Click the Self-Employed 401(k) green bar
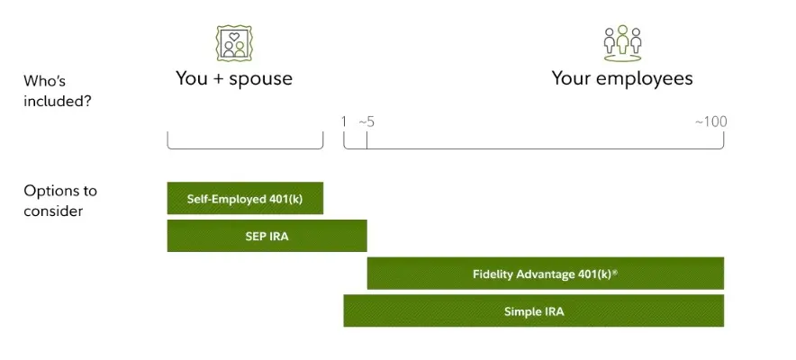pyautogui.click(x=245, y=198)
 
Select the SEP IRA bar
pyautogui.click(x=267, y=236)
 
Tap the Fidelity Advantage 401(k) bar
pyautogui.click(x=545, y=274)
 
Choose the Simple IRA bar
pyautogui.click(x=534, y=310)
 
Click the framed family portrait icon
pyautogui.click(x=234, y=43)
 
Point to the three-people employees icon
pyautogui.click(x=622, y=43)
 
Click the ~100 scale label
pyautogui.click(x=710, y=121)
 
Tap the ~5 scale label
pyautogui.click(x=366, y=121)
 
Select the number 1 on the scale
pyautogui.click(x=344, y=121)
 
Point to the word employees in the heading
pyautogui.click(x=643, y=79)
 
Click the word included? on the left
pyautogui.click(x=58, y=101)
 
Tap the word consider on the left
pyautogui.click(x=53, y=211)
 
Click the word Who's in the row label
pyautogui.click(x=45, y=81)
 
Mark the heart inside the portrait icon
pyautogui.click(x=234, y=37)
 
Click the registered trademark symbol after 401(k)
pyautogui.click(x=615, y=272)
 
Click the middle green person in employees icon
pyautogui.click(x=622, y=39)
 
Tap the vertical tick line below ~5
pyautogui.click(x=366, y=139)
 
